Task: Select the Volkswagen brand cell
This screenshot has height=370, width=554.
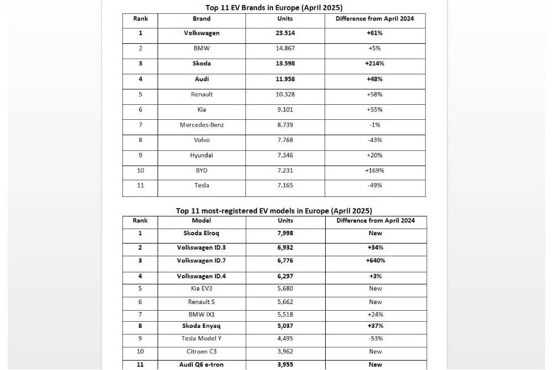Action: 202,33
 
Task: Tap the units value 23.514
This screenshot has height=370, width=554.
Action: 286,33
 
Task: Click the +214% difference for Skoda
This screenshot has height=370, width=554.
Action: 375,64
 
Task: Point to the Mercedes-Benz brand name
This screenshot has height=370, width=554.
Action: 202,125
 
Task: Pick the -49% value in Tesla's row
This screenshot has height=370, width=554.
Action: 375,185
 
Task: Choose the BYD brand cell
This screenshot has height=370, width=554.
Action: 202,170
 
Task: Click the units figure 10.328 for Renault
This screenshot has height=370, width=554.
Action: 286,94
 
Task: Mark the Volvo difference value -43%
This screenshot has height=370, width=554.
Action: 375,140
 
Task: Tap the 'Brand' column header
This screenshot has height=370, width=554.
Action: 202,19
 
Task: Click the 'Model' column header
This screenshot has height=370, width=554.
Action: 202,221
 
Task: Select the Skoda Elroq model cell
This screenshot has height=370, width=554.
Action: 202,234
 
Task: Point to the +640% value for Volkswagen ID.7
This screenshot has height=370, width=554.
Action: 375,261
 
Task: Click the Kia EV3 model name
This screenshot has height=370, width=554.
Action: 202,288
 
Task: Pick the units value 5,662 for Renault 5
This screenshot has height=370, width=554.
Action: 286,302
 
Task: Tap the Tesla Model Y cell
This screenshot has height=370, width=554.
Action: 202,338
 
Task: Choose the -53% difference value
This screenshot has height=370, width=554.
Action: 375,338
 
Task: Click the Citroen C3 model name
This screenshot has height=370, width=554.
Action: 202,352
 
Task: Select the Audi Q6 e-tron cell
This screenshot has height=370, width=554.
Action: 202,364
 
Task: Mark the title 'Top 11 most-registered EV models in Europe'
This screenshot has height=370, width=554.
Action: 274,211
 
